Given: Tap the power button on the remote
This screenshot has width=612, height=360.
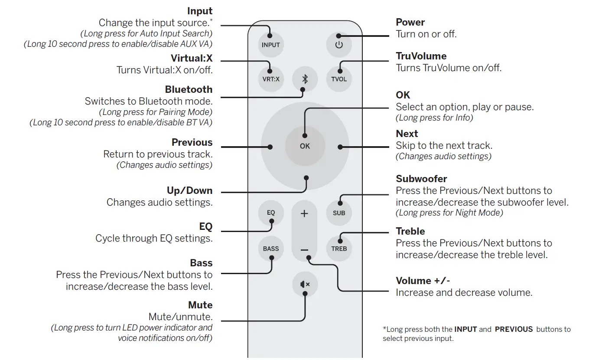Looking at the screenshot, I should click(339, 45).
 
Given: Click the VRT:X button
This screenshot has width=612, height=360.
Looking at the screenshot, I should click(271, 79).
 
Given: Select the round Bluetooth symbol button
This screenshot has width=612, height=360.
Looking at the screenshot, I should click(305, 79).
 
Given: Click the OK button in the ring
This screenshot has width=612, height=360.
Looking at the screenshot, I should click(305, 146).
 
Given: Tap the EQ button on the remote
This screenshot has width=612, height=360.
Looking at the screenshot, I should click(271, 213).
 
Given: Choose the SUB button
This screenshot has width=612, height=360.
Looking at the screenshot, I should click(339, 213).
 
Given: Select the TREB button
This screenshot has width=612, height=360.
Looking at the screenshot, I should click(339, 249).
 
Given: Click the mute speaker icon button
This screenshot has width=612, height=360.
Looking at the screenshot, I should click(305, 285).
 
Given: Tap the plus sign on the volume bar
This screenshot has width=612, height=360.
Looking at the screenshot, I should click(304, 213).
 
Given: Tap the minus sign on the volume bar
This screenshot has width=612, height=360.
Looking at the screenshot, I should click(304, 250).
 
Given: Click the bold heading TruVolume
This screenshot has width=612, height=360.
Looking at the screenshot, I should click(421, 56).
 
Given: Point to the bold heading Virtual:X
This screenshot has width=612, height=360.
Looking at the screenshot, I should click(192, 58).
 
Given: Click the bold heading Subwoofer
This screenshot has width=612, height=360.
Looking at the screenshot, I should click(421, 179).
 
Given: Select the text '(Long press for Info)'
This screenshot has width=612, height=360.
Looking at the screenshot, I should click(434, 118).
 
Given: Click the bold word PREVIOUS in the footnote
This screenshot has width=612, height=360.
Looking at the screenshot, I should click(514, 329).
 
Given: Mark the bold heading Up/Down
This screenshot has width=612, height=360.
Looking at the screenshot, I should click(190, 190).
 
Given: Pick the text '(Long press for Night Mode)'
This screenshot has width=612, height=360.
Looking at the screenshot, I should click(449, 213).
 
